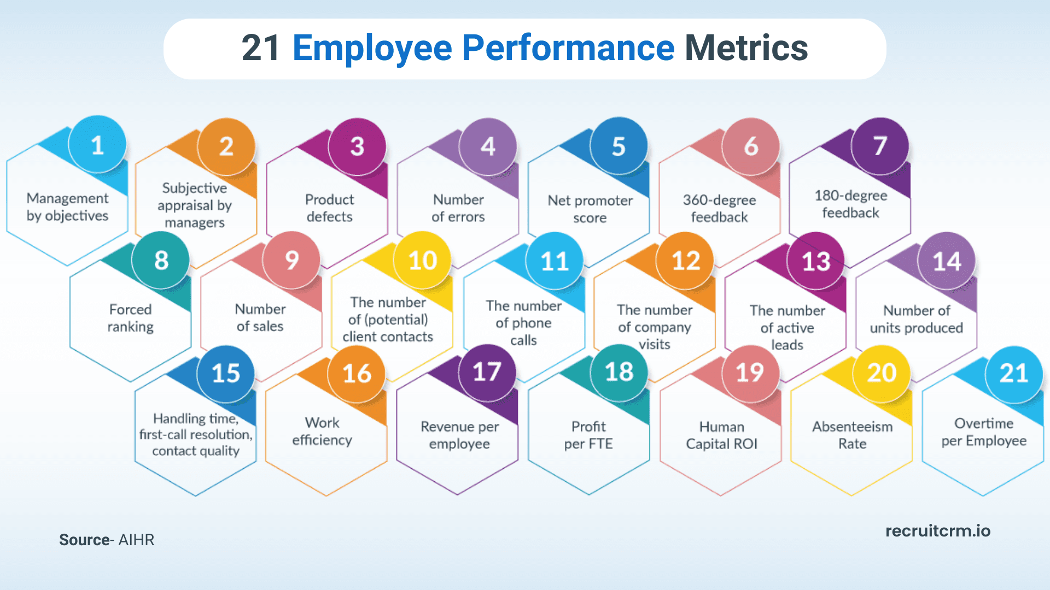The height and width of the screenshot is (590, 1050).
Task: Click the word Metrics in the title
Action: point(746,48)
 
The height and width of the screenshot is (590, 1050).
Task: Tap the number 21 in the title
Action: point(261,48)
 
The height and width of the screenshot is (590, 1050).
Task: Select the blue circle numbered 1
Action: point(97,145)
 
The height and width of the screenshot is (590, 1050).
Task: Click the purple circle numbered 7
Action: point(880,146)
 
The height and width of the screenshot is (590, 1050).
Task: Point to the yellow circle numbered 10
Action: point(423,261)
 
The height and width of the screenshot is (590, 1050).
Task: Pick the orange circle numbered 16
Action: point(357,374)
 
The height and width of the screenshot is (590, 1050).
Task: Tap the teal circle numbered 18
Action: point(619,373)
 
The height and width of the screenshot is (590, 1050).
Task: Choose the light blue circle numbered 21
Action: point(1013,374)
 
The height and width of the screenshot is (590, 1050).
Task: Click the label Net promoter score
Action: point(590,209)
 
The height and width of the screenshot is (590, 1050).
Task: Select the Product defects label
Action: point(329,208)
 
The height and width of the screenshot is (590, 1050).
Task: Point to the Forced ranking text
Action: point(130,318)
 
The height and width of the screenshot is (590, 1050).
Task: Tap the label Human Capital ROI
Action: point(721,435)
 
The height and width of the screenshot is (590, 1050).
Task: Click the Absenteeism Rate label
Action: point(852,435)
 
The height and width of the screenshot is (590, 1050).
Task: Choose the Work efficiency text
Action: point(322,432)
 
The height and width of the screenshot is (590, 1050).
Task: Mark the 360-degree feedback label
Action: point(719,209)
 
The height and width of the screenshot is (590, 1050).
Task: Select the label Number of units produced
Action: point(916,319)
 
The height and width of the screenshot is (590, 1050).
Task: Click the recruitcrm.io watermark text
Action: point(937,531)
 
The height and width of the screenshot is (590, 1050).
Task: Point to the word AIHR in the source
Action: point(136,540)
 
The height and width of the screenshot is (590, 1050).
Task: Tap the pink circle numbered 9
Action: point(291,261)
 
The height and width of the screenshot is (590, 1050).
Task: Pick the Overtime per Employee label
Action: point(983,432)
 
